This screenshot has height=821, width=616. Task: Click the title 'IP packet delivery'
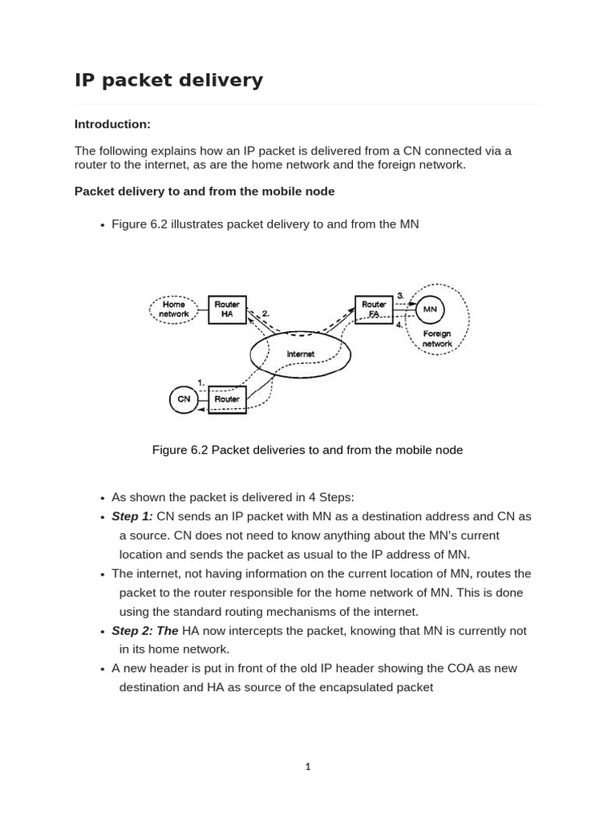click(x=168, y=80)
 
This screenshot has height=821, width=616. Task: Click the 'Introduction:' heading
click(x=112, y=124)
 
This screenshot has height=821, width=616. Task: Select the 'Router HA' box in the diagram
click(x=227, y=309)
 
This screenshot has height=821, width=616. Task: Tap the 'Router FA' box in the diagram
click(x=375, y=309)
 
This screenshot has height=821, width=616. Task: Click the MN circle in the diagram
click(x=430, y=309)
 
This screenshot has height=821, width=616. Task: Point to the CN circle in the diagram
click(x=184, y=398)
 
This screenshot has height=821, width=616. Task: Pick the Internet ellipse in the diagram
click(x=301, y=354)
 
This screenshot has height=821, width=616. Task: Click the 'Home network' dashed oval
click(x=174, y=309)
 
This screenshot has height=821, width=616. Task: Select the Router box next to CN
click(x=227, y=398)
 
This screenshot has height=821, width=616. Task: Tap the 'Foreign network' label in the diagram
click(x=437, y=338)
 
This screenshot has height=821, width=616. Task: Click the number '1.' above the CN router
click(x=201, y=382)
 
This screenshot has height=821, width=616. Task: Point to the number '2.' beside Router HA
click(x=265, y=313)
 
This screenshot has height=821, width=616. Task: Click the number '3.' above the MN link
click(x=400, y=296)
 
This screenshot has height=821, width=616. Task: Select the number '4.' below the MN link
click(x=400, y=325)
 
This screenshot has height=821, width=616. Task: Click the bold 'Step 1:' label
click(x=132, y=516)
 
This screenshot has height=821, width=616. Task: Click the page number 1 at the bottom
click(x=308, y=766)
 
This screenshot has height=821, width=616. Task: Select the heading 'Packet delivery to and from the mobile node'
click(x=205, y=192)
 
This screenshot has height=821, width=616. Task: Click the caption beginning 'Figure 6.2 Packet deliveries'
click(x=307, y=450)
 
